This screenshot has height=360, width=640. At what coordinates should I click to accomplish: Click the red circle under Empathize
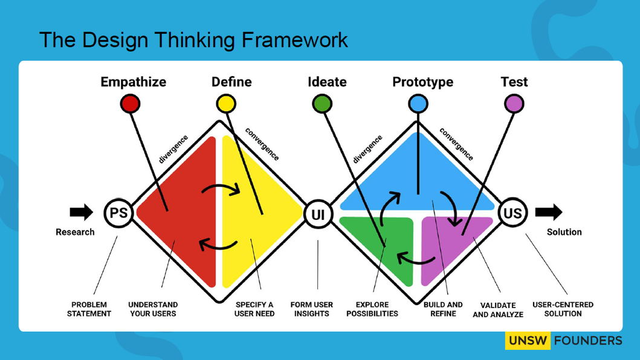click(x=130, y=104)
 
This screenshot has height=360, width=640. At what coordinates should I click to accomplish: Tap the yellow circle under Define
click(x=226, y=104)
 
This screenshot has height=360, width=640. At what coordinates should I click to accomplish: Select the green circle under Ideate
click(x=322, y=104)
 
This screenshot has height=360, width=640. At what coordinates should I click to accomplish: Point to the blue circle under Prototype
click(x=418, y=104)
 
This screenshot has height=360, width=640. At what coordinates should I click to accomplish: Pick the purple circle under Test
click(x=514, y=104)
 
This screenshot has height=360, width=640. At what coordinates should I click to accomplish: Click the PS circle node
click(x=118, y=213)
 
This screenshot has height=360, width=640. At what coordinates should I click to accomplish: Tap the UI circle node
click(x=318, y=213)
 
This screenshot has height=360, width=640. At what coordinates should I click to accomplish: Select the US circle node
click(x=512, y=213)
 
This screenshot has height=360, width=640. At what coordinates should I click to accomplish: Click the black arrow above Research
click(x=81, y=212)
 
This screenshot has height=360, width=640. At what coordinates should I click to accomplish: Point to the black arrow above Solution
click(x=549, y=212)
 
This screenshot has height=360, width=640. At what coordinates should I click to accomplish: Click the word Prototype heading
click(x=422, y=82)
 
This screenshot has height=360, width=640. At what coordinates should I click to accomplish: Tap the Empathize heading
click(x=133, y=82)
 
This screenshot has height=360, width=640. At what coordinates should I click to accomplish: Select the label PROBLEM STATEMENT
click(x=89, y=309)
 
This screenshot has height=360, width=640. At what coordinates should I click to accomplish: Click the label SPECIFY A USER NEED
click(x=254, y=309)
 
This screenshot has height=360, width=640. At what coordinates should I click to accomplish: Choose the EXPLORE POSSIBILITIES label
click(x=372, y=309)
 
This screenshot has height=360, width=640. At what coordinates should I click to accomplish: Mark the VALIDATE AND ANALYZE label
click(x=498, y=310)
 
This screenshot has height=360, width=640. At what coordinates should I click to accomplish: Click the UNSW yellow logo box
click(x=528, y=341)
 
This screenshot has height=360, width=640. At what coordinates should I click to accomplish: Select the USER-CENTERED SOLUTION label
click(x=563, y=309)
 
